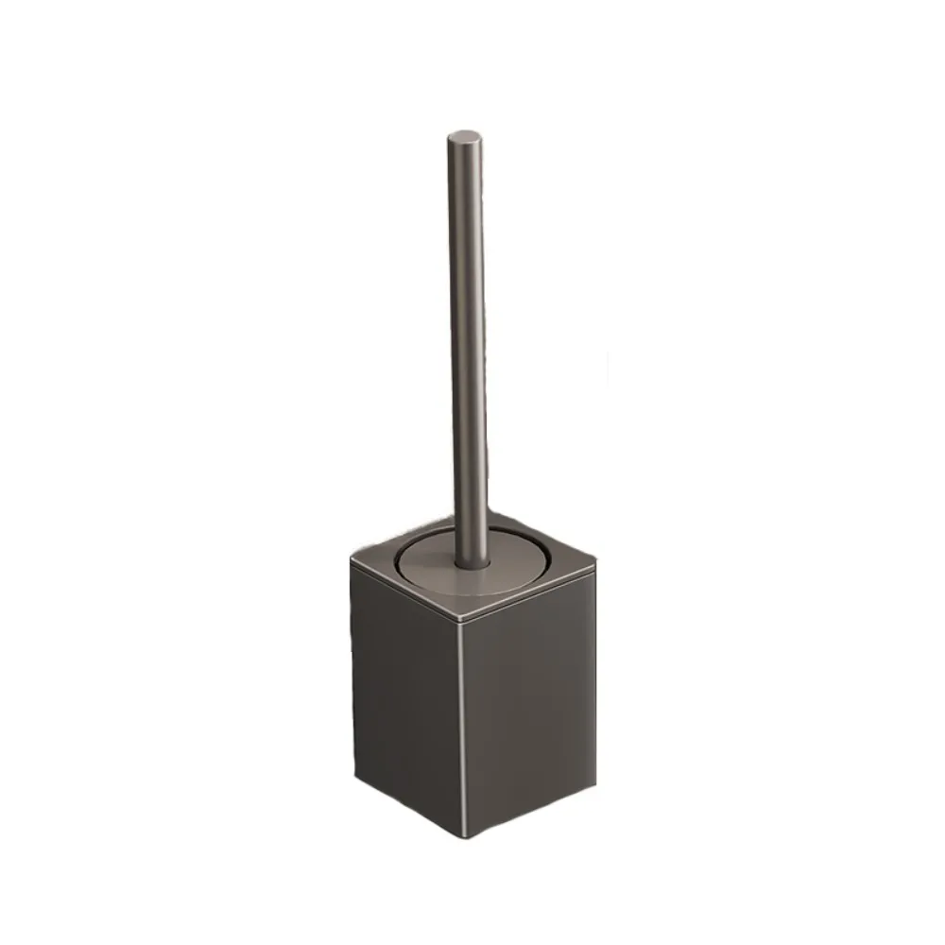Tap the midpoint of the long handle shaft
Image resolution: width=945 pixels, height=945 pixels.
[470, 350]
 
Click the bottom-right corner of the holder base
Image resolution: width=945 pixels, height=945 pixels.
[595, 783]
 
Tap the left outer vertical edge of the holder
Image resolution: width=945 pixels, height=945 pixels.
[352, 661]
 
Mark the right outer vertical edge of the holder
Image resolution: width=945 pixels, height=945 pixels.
[596, 676]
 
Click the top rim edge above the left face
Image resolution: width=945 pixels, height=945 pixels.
[406, 592]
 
